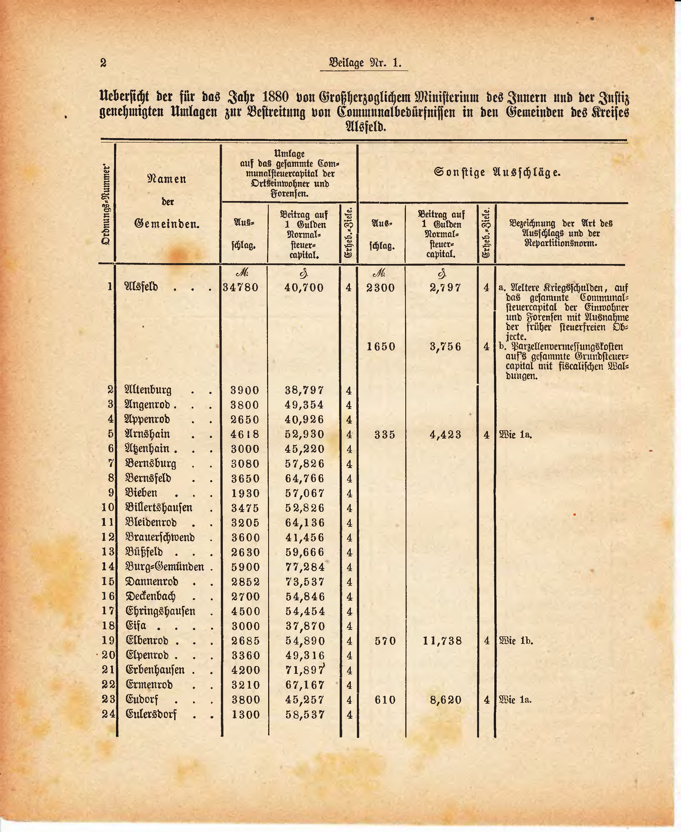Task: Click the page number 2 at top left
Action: coord(103,63)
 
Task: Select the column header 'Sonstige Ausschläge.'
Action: coord(497,172)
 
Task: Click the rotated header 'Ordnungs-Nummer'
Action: coord(105,204)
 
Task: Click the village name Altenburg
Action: coord(148,390)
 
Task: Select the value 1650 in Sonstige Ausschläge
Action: coord(381,347)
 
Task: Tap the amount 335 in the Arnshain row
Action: coord(384,435)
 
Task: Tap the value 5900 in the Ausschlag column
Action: coord(245,567)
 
